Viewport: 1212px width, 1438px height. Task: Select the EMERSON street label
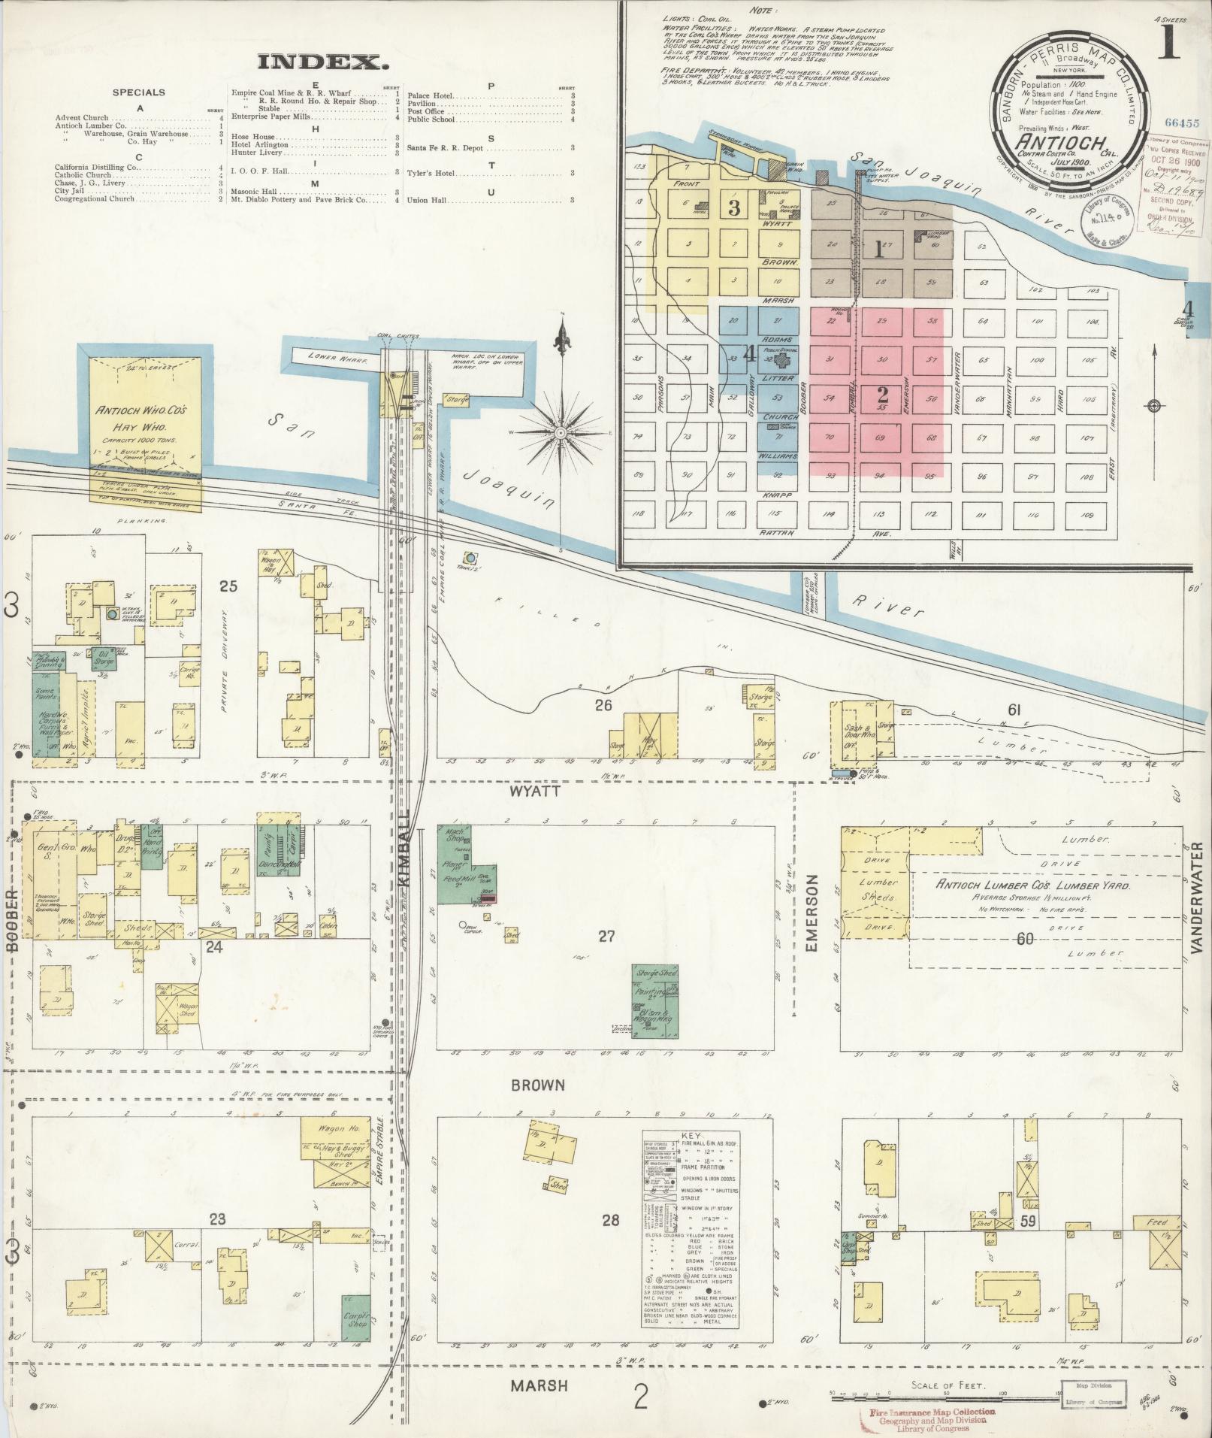tap(811, 914)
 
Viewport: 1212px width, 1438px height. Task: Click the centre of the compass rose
tap(561, 433)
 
